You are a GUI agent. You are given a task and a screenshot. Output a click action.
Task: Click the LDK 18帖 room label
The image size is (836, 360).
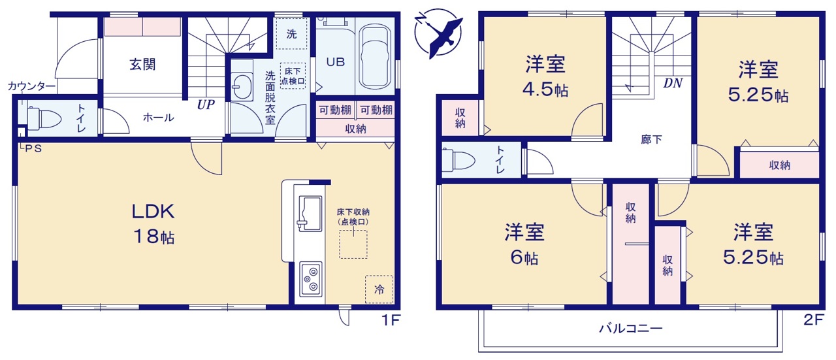[153, 223]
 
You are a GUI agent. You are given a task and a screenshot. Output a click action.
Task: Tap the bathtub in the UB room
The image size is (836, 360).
[374, 57]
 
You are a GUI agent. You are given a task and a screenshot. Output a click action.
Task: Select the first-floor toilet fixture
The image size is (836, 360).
[44, 118]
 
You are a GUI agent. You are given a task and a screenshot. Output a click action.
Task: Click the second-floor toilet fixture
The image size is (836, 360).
[458, 160]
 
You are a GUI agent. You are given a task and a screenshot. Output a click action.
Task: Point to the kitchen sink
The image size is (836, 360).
[310, 214]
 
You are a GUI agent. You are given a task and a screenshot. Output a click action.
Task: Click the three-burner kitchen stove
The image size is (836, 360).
[311, 279]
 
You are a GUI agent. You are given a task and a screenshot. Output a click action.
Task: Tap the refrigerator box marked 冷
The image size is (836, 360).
[379, 289]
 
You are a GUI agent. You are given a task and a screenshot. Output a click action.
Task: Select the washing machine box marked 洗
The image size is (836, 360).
[291, 33]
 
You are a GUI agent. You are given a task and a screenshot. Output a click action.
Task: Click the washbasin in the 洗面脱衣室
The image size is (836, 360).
[242, 86]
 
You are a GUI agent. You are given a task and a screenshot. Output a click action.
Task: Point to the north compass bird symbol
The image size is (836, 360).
[440, 33]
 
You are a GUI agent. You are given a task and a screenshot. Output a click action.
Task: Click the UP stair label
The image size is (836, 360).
[206, 105]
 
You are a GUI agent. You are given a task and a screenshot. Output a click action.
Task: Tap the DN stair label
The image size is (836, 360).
[673, 83]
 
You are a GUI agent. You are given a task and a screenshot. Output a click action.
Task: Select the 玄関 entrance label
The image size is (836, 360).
[142, 64]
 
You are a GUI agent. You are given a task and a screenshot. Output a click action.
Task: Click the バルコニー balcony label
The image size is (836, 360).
[631, 328]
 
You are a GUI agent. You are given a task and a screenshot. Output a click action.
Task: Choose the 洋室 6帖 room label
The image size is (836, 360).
[524, 244]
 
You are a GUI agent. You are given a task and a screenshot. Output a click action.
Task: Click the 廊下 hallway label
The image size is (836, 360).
[651, 140]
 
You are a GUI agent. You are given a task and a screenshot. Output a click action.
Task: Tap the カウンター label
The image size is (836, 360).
[32, 86]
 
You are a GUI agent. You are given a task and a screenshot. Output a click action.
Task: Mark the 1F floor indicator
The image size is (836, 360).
[391, 320]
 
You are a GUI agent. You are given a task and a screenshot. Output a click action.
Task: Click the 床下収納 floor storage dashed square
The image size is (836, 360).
[353, 244]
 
